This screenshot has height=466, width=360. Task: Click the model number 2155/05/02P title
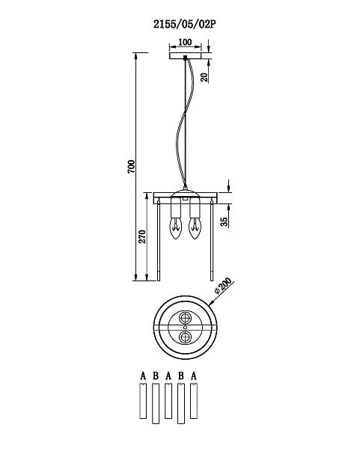(x=184, y=24)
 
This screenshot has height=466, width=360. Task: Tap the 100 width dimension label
(x=185, y=42)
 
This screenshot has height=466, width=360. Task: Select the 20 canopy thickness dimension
(x=204, y=77)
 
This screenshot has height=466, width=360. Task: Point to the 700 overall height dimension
(x=131, y=167)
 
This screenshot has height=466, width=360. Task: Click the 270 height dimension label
(x=142, y=236)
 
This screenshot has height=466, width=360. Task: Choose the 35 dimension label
(x=224, y=221)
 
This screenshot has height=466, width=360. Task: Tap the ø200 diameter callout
(x=223, y=286)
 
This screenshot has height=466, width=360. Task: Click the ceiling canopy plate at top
(x=185, y=55)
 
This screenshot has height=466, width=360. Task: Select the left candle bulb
(x=175, y=228)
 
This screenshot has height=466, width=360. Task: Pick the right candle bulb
(x=195, y=228)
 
